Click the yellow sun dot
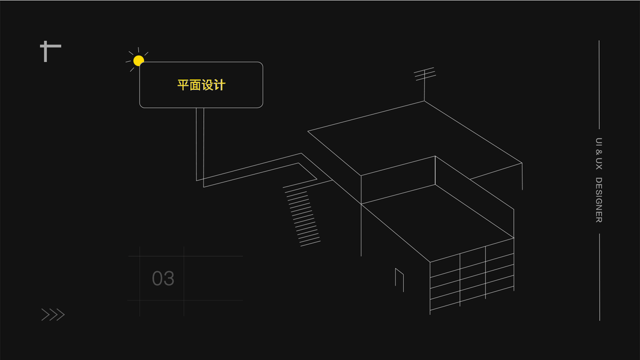coord(139,60)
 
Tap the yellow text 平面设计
coord(201,85)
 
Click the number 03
coord(163,278)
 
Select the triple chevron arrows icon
coord(53,314)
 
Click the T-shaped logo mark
coord(50,51)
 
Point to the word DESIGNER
coord(599,200)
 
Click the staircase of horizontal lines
coord(302,216)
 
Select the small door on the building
coord(399,279)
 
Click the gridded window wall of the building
coord(471,278)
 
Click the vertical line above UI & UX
coord(599,84)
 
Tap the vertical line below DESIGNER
coord(599,277)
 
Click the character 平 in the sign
coord(183,85)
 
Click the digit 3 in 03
coord(169,278)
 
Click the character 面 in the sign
coord(195,85)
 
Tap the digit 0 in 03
coord(157,278)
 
